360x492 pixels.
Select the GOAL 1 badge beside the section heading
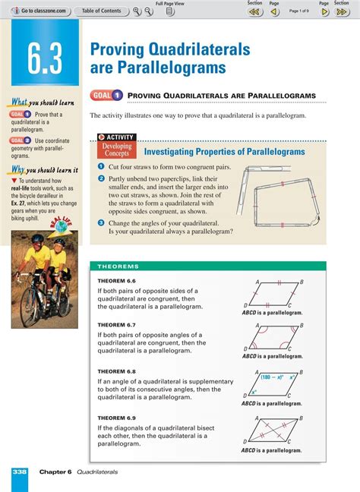tap(106, 96)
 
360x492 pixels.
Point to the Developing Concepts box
tap(117, 150)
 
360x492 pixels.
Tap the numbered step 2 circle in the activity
tap(100, 178)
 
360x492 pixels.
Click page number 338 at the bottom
tap(20, 471)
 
